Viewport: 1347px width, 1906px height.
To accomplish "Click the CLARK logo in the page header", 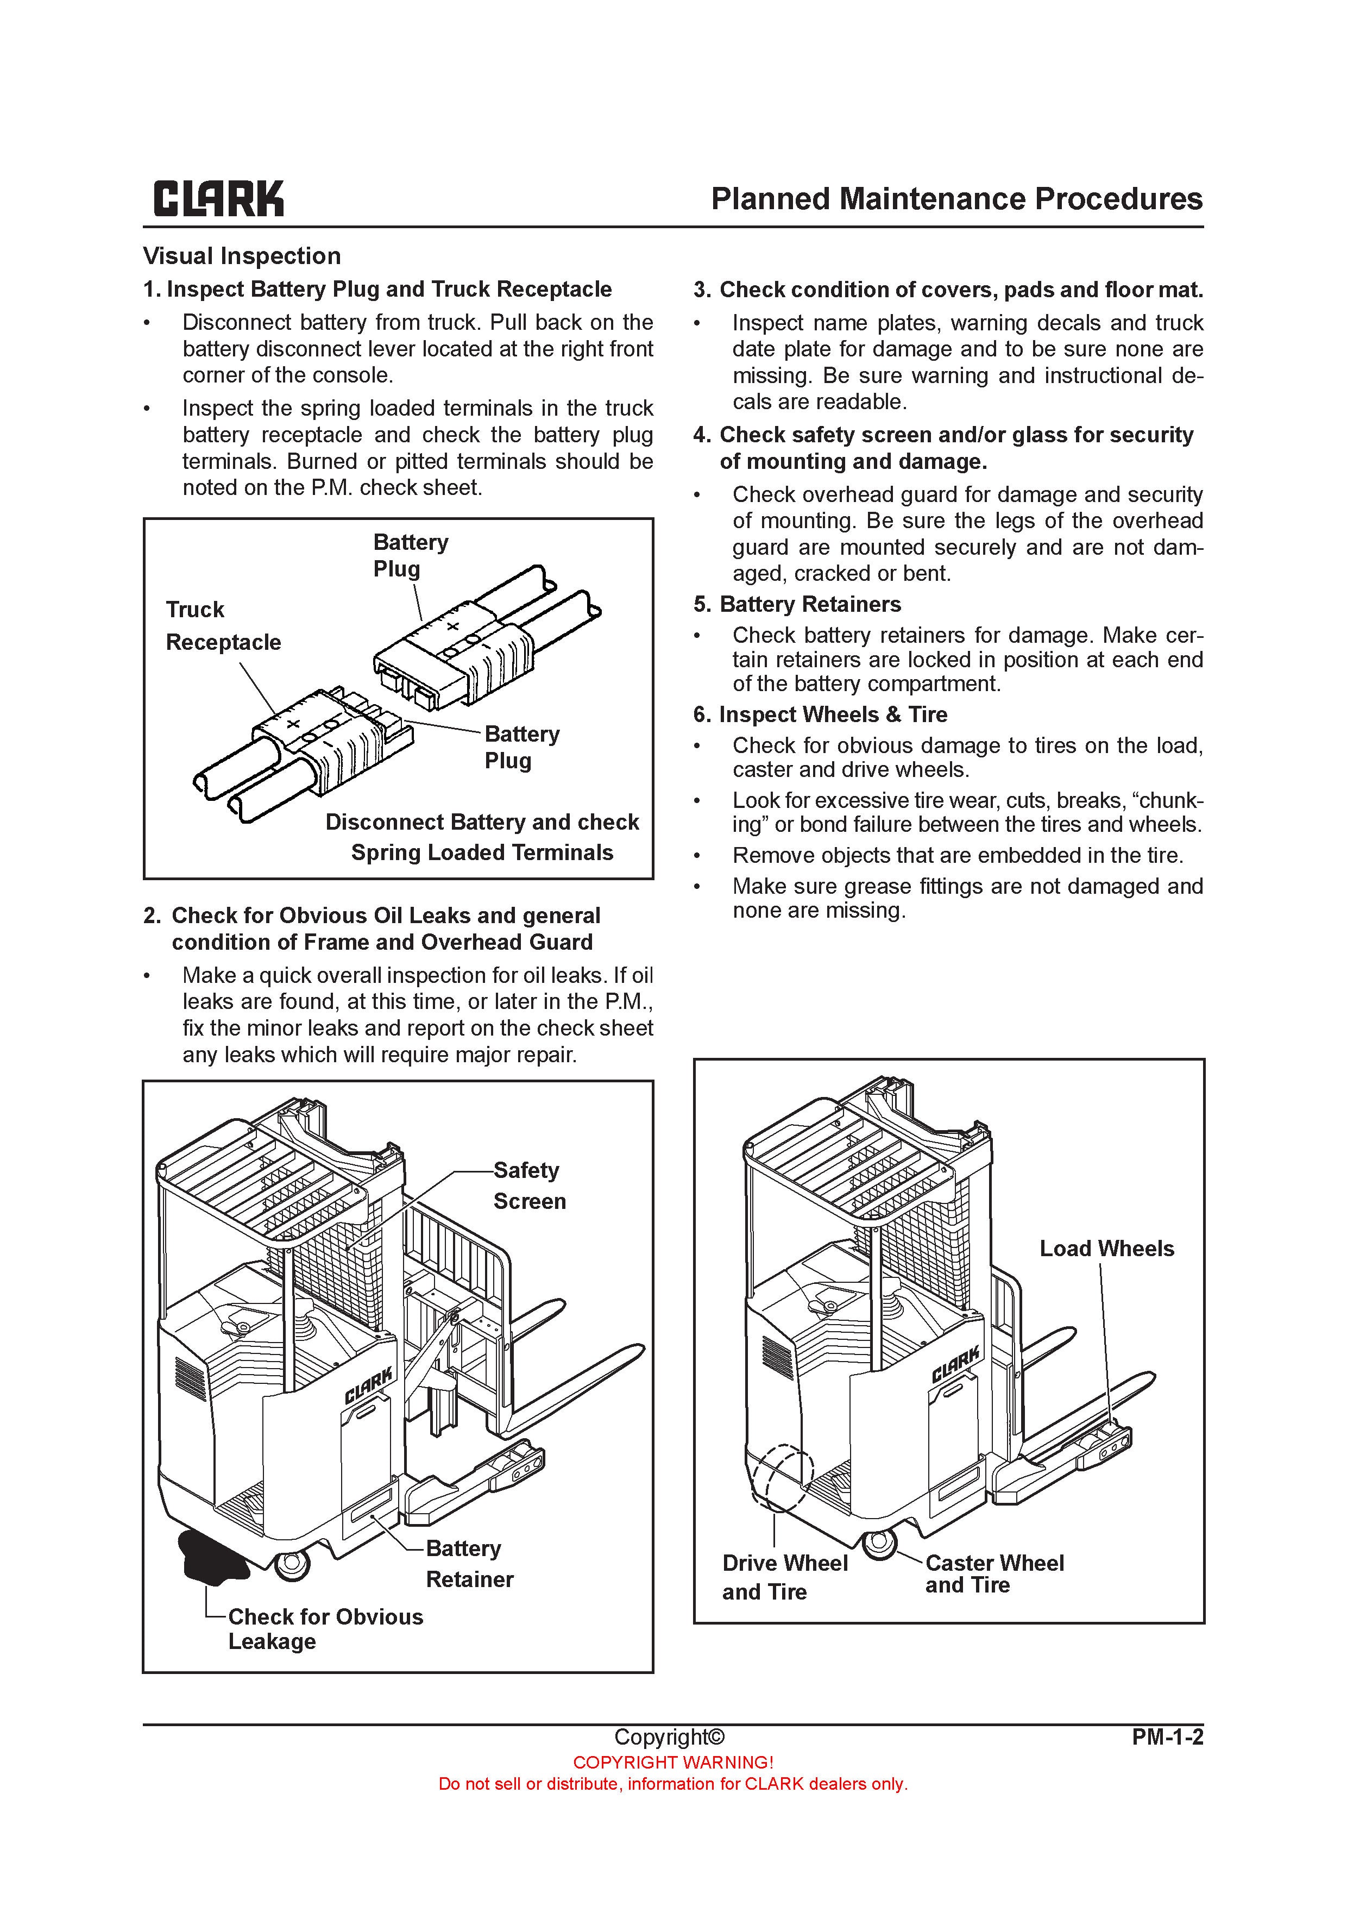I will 218,199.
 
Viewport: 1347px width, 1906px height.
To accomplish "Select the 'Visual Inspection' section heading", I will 242,256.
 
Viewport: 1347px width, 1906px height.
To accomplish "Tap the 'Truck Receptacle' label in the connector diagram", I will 223,626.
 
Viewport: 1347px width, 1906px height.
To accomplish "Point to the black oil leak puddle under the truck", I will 210,1557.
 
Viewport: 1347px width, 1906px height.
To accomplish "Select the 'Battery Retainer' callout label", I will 469,1564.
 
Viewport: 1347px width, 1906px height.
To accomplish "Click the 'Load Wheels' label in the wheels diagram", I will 1106,1249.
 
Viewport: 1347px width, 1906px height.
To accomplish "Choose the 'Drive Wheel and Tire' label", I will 784,1577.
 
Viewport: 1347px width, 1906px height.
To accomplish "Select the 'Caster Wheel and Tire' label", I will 993,1574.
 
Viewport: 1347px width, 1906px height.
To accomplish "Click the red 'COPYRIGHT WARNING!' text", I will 673,1763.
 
